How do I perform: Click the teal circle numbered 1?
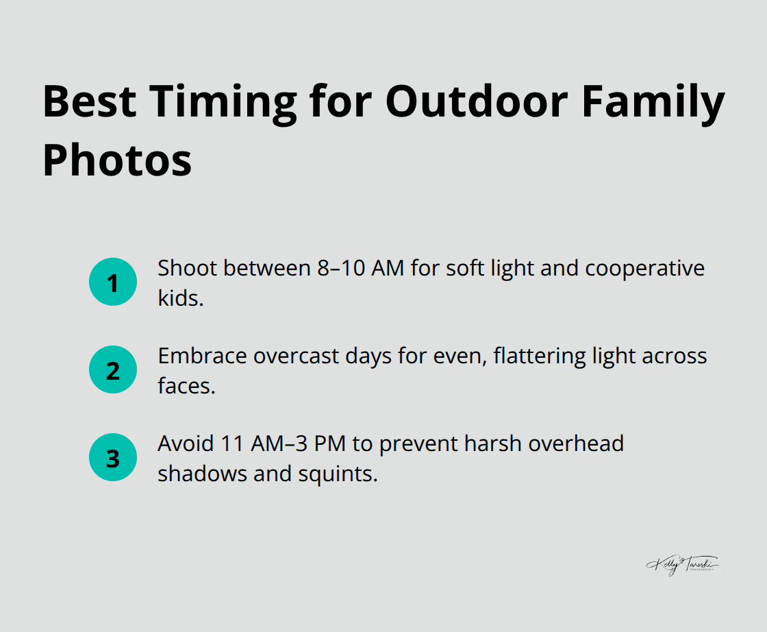[x=113, y=282]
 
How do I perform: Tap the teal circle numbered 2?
[x=113, y=370]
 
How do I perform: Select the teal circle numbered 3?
[x=113, y=458]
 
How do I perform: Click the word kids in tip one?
[x=180, y=298]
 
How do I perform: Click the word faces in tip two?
[x=186, y=386]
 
